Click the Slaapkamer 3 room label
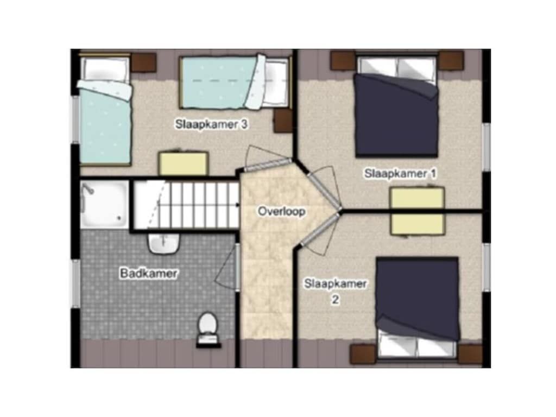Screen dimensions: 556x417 tap(211, 124)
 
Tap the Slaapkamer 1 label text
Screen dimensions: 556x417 tap(400, 174)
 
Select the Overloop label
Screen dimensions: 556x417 tap(282, 211)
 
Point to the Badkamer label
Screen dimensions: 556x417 tap(149, 274)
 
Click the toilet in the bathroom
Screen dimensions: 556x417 tap(208, 328)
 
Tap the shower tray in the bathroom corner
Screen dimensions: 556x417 tap(104, 204)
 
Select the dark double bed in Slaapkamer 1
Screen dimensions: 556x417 tap(397, 106)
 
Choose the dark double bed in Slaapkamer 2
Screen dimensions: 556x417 tap(418, 307)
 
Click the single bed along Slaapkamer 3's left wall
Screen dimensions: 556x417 tap(105, 110)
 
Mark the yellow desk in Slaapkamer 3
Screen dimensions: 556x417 tap(183, 163)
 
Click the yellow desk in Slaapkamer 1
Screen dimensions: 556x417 tap(418, 211)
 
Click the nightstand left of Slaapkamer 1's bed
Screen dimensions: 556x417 tap(343, 60)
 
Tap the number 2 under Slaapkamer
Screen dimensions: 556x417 tap(335, 300)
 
